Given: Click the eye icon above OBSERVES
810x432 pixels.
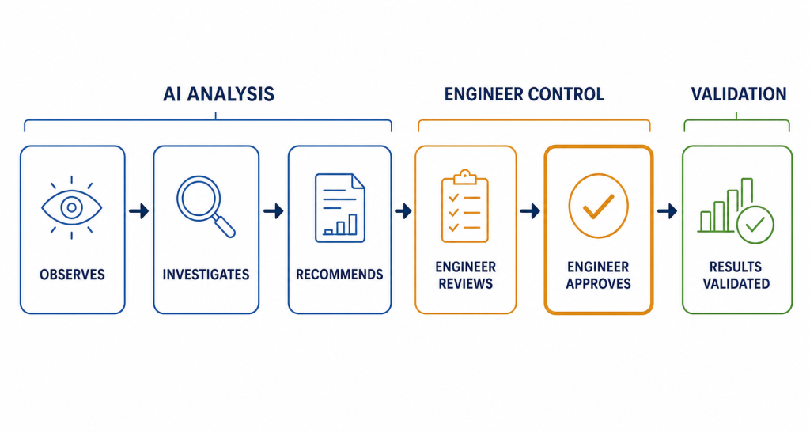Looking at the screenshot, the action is pos(72,208).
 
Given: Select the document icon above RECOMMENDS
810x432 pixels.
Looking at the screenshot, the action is pos(340,208).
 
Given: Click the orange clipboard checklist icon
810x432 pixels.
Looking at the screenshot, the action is pos(465,206).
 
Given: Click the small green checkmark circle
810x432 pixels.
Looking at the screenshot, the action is pos(755,225).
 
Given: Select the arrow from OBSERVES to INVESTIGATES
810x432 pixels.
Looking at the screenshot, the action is pos(139,210).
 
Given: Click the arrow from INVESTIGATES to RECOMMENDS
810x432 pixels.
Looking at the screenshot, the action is pos(273,210).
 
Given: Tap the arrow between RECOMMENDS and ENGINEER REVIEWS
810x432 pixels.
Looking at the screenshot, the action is pos(403,210).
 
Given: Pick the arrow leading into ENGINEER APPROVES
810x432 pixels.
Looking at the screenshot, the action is pos(530,210).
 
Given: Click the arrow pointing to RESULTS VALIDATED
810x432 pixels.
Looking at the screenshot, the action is pos(667,210).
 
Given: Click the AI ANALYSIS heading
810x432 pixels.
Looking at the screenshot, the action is pos(218,94).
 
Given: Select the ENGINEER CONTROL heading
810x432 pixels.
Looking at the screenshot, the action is pos(524,94).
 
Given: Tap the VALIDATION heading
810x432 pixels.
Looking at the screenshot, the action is pos(739,94).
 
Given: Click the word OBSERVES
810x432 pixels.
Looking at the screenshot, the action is pos(72,275).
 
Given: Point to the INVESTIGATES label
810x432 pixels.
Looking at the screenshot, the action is pos(206,275).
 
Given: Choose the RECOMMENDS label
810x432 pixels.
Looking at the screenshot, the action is pos(339,275).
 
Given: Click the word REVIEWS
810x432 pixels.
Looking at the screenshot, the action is pos(465,284).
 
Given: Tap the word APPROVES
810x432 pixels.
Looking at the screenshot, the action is pos(598,284).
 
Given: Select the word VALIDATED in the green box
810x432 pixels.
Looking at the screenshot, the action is pos(736,284).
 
